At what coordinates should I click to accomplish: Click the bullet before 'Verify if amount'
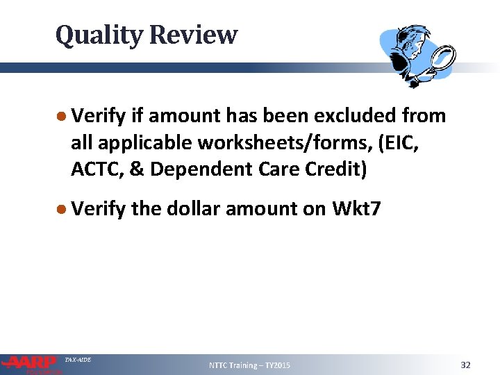point(61,117)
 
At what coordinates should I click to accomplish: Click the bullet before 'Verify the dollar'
point(61,208)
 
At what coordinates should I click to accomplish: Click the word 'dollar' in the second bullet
point(195,208)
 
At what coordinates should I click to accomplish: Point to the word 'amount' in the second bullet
point(262,208)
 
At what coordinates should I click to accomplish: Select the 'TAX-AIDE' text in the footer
point(78,359)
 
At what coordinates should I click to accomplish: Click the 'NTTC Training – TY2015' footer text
point(250,365)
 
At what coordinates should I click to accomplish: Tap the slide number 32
point(465,365)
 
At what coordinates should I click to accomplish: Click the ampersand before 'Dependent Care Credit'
point(138,169)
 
